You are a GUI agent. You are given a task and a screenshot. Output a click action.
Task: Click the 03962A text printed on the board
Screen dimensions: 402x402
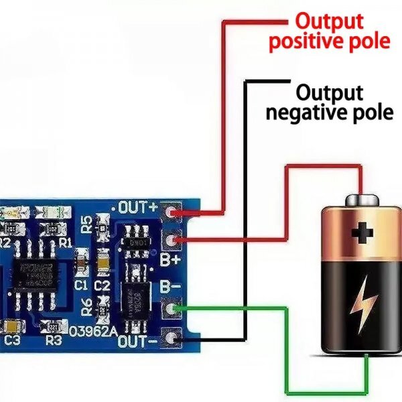pyautogui.click(x=94, y=330)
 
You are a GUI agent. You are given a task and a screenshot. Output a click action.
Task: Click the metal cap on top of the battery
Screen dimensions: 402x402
pyautogui.click(x=362, y=200)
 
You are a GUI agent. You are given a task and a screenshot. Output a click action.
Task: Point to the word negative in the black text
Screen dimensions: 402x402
pyautogui.click(x=304, y=113)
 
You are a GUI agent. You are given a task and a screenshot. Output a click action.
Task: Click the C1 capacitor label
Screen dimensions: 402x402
pyautogui.click(x=81, y=284)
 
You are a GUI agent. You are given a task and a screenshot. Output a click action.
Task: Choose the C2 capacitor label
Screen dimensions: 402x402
pyautogui.click(x=103, y=284)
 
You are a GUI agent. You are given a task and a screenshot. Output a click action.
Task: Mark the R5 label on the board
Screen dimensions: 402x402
pyautogui.click(x=86, y=224)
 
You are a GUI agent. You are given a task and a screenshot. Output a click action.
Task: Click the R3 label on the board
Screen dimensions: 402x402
pyautogui.click(x=53, y=340)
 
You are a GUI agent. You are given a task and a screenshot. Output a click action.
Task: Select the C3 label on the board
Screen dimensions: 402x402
pyautogui.click(x=12, y=340)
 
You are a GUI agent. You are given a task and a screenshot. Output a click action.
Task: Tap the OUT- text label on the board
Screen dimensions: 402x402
pyautogui.click(x=137, y=342)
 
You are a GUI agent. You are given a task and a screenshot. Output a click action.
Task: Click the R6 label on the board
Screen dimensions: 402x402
pyautogui.click(x=86, y=307)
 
